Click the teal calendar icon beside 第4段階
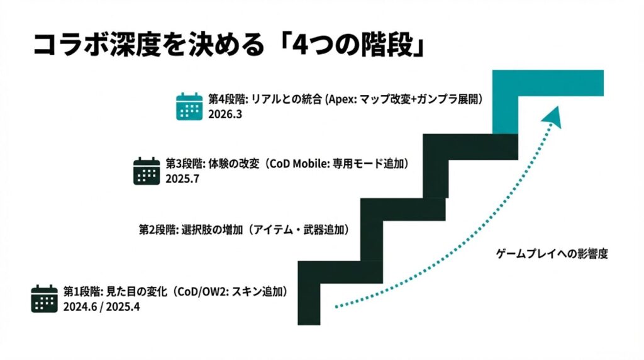(x=189, y=106)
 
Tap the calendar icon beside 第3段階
(x=147, y=171)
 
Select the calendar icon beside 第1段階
(x=45, y=299)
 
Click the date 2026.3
(x=225, y=115)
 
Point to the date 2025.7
(x=182, y=179)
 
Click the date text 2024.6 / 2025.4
(x=101, y=307)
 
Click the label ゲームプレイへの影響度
(x=552, y=254)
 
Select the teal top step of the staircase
(x=548, y=101)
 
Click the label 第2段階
(x=158, y=229)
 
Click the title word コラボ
(x=71, y=45)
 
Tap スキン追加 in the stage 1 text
(x=257, y=292)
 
